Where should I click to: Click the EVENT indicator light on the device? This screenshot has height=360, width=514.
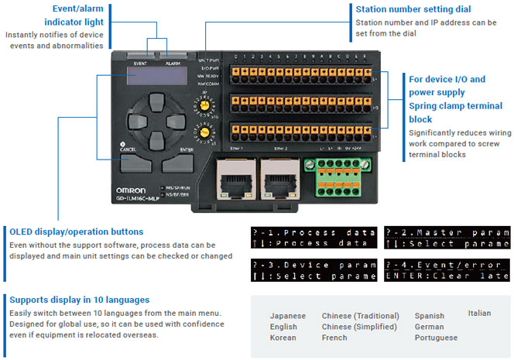pyautogui.click(x=140, y=57)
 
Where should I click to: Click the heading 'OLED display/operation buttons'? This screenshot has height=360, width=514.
pyautogui.click(x=76, y=231)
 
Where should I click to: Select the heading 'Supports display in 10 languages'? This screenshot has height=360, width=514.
pyautogui.click(x=79, y=299)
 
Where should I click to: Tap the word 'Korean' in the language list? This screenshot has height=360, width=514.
pyautogui.click(x=283, y=338)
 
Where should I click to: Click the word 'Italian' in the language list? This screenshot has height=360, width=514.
pyautogui.click(x=479, y=313)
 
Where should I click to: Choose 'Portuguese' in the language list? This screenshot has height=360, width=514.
pyautogui.click(x=436, y=338)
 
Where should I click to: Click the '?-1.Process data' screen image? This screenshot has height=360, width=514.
pyautogui.click(x=314, y=238)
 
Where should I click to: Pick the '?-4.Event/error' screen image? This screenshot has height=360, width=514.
pyautogui.click(x=447, y=269)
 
